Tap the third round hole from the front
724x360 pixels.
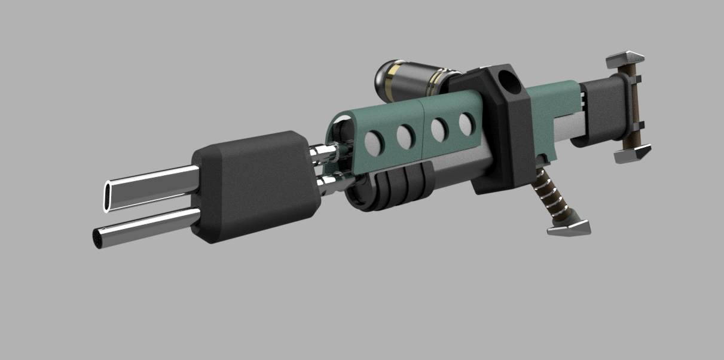click(440, 129)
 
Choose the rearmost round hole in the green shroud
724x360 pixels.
click(467, 124)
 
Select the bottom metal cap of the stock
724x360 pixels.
click(633, 155)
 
